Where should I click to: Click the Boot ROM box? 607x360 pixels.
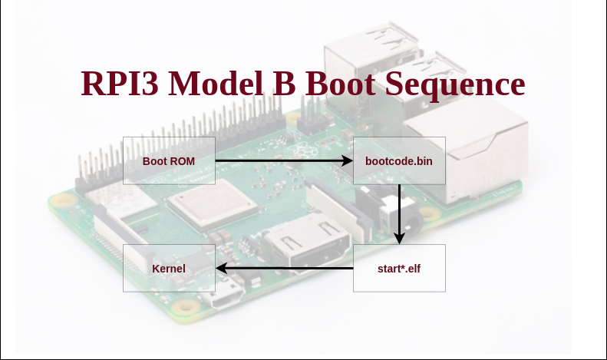point(169,160)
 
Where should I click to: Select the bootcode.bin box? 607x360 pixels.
point(399,160)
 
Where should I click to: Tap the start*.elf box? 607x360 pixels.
point(399,268)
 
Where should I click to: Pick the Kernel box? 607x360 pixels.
point(169,268)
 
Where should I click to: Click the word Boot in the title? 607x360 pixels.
point(340,84)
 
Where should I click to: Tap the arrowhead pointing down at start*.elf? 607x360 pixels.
point(399,239)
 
